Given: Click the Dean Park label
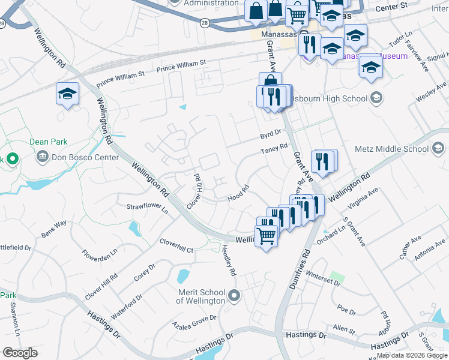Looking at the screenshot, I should pos(49,142).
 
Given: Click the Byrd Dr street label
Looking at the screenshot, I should pos(270,134).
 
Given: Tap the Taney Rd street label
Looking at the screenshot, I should pos(274,148).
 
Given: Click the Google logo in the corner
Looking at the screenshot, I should pos(20,352).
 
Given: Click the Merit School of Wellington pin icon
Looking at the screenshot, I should pos(235,295).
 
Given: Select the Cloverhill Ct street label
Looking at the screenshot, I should pos(176,245).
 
